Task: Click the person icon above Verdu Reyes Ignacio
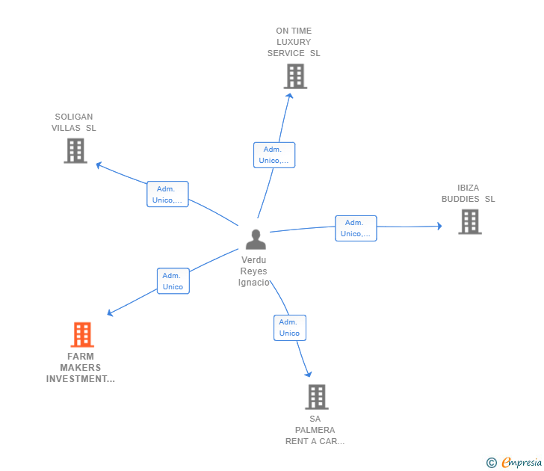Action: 256,239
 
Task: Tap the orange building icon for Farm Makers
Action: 82,335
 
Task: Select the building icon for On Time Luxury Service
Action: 296,76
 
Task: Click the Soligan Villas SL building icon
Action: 75,150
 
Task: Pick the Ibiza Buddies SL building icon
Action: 470,222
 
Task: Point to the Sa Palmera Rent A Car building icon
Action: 317,397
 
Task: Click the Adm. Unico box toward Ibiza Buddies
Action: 356,228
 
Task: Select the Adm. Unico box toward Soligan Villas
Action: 167,194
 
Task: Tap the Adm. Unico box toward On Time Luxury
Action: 274,156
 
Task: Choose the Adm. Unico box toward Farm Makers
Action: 173,281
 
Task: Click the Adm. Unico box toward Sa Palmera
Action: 290,327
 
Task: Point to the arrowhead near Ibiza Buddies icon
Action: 439,227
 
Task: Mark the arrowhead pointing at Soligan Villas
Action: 99,165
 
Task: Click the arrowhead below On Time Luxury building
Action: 289,96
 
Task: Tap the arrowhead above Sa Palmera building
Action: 308,374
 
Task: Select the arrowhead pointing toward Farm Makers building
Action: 110,313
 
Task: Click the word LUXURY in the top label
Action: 294,42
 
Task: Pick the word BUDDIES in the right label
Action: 460,199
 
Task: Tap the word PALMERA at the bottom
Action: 315,430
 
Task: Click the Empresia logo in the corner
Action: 514,462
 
